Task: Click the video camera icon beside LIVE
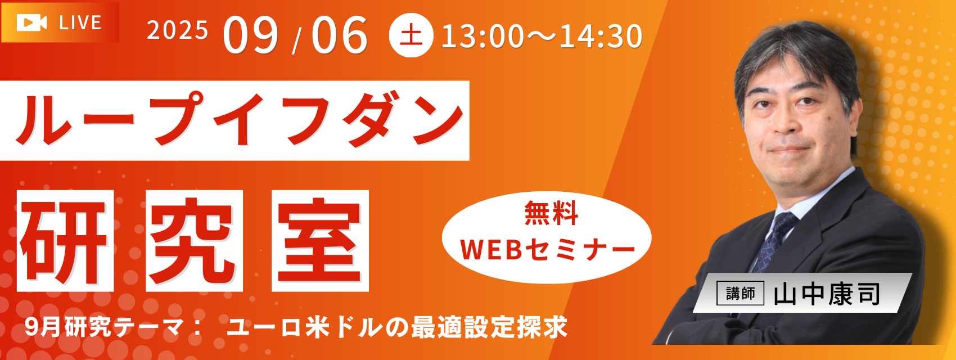(x=31, y=22)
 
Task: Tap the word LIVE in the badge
(x=80, y=22)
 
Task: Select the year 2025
(x=178, y=30)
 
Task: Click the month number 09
(x=250, y=35)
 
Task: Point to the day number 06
(x=339, y=35)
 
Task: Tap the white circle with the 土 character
(x=411, y=35)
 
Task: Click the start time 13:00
(x=482, y=37)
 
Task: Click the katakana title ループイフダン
(x=240, y=120)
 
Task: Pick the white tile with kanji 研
(x=65, y=241)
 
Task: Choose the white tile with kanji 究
(x=194, y=241)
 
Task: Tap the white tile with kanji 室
(x=320, y=241)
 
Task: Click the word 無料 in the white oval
(x=551, y=213)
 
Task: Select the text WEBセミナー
(x=548, y=249)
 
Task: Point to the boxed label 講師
(x=740, y=294)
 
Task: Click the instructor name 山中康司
(x=827, y=294)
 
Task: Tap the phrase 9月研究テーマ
(x=104, y=327)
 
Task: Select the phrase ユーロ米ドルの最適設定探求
(x=397, y=327)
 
